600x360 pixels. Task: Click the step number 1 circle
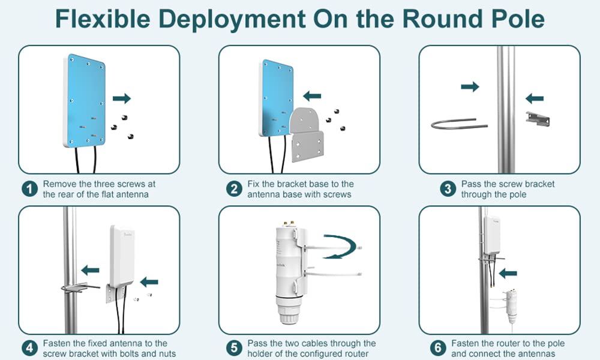[28, 189]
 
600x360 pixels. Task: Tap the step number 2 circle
[234, 189]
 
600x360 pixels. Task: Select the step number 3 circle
[447, 189]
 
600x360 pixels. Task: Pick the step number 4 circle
[28, 348]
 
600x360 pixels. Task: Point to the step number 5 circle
[234, 348]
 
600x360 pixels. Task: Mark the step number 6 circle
[439, 348]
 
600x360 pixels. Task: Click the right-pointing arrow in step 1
[121, 98]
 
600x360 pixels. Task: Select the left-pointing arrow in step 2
[312, 95]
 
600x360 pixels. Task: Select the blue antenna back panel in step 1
[86, 99]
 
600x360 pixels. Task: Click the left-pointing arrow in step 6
[508, 274]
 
